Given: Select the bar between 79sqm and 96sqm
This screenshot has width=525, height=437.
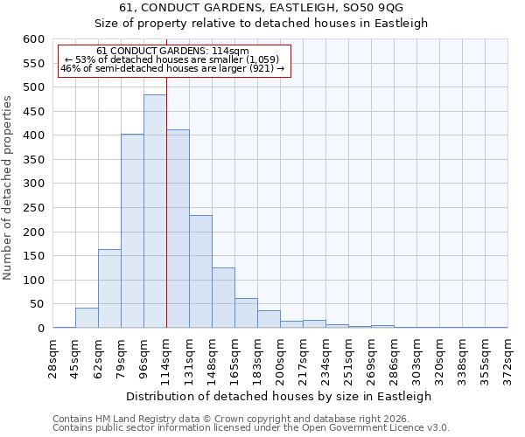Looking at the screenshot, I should [132, 232].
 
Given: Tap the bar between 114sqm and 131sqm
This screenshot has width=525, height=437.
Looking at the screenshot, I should [178, 229].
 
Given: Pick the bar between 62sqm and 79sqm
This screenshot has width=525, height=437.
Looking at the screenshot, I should [109, 288].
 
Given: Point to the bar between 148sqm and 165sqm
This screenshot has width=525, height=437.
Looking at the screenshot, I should [223, 298].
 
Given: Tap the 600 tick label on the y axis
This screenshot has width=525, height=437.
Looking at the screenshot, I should [32, 39].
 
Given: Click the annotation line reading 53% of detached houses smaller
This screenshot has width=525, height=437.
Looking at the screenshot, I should [173, 59].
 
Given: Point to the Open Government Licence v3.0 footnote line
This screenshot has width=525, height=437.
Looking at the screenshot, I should [251, 428].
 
